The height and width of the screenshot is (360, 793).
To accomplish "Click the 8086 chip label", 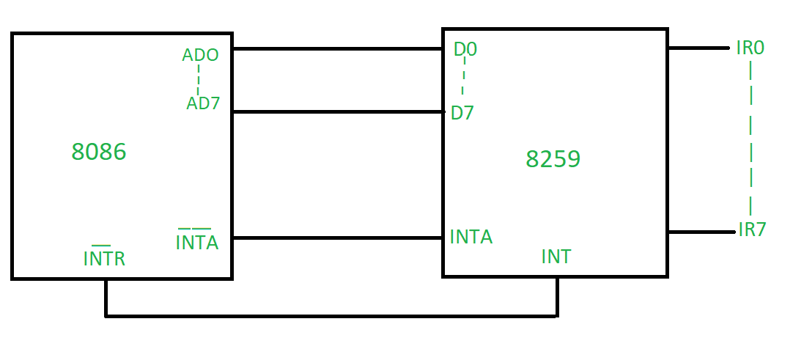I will click(x=99, y=152).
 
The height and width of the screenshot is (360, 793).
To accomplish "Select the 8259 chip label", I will click(x=553, y=159).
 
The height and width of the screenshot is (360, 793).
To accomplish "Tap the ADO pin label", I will click(x=200, y=55).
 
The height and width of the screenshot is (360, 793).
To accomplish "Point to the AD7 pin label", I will click(x=203, y=103).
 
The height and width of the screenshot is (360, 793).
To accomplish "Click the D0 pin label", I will click(x=465, y=50).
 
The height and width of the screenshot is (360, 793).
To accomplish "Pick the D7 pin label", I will click(x=462, y=114).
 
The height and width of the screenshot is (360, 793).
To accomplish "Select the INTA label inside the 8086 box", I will click(x=197, y=243).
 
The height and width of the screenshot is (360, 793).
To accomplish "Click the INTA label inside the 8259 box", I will click(x=471, y=237).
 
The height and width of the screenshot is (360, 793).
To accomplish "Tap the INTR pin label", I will click(x=104, y=259).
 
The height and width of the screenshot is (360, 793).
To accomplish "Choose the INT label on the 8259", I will click(x=556, y=257).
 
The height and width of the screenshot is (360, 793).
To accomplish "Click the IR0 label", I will click(x=750, y=48).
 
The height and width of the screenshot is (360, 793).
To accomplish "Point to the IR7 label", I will click(x=752, y=229).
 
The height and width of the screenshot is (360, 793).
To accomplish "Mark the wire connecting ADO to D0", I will click(x=337, y=49).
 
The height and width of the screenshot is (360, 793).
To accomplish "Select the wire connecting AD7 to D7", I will click(x=337, y=111).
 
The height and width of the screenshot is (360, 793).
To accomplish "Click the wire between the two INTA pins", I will click(x=337, y=238).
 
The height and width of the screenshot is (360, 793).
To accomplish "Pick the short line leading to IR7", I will click(x=700, y=232).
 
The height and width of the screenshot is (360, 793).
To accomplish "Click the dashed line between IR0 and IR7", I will click(x=750, y=139).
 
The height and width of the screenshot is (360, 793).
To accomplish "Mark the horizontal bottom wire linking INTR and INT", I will click(x=330, y=316).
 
